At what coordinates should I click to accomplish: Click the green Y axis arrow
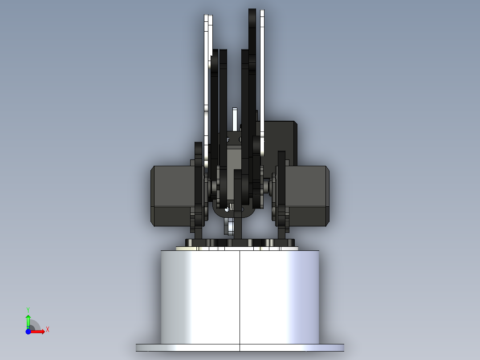(x=28, y=320)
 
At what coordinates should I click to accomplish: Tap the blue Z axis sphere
(x=28, y=331)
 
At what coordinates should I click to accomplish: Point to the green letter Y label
(x=28, y=309)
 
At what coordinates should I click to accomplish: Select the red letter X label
(x=47, y=330)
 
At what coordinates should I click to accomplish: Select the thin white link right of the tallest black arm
(x=262, y=67)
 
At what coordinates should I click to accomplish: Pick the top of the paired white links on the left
(x=207, y=20)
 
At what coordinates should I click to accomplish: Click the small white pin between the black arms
(x=235, y=118)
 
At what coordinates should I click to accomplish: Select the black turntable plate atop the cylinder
(x=240, y=242)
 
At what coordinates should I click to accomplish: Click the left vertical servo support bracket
(x=198, y=187)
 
